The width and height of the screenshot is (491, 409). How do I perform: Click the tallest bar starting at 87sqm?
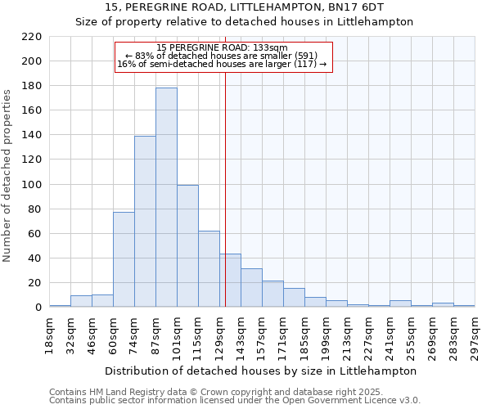[166, 197]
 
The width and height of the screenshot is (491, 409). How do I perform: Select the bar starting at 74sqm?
[145, 221]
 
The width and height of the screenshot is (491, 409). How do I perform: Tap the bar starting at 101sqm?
[187, 245]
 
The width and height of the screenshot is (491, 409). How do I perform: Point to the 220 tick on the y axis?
[32, 37]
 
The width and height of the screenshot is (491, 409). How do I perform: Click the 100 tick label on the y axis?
[32, 185]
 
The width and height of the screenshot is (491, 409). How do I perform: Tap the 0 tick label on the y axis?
[38, 308]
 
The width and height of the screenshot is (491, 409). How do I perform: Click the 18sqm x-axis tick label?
[49, 335]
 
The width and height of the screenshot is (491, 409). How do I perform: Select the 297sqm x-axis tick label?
[475, 335]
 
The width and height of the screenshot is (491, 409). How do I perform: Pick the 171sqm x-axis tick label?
[283, 335]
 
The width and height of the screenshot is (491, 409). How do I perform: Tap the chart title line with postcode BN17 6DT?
[245, 7]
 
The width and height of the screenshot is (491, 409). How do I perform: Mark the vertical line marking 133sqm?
[225, 204]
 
